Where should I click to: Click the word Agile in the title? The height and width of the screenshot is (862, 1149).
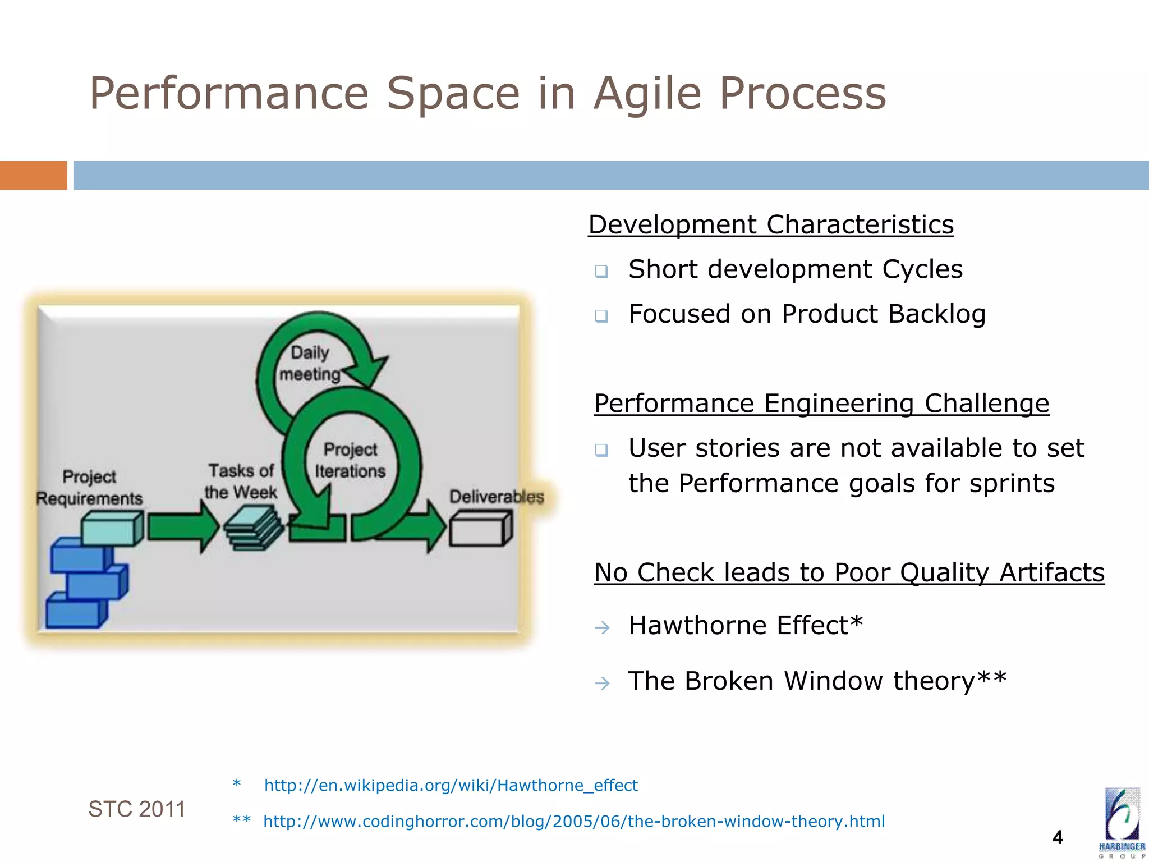point(647,94)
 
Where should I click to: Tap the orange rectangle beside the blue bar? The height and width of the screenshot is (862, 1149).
point(33,175)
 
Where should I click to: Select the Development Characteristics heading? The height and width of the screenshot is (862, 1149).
point(770,224)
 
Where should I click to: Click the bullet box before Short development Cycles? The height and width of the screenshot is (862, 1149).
point(601,272)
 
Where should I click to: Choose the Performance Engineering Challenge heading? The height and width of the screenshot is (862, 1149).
point(821,404)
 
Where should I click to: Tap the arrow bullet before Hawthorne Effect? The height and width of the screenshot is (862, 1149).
point(602,627)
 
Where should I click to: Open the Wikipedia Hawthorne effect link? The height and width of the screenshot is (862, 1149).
point(451,785)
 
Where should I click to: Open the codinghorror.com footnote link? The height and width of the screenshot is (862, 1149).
point(573,822)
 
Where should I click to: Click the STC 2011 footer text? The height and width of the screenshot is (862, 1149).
point(136,809)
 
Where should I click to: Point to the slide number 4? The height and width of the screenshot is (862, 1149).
point(1058,837)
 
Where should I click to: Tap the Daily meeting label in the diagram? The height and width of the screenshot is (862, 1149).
point(310,364)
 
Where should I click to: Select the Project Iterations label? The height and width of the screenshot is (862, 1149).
point(350,460)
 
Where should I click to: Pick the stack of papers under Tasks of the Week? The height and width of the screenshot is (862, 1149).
point(254,528)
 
